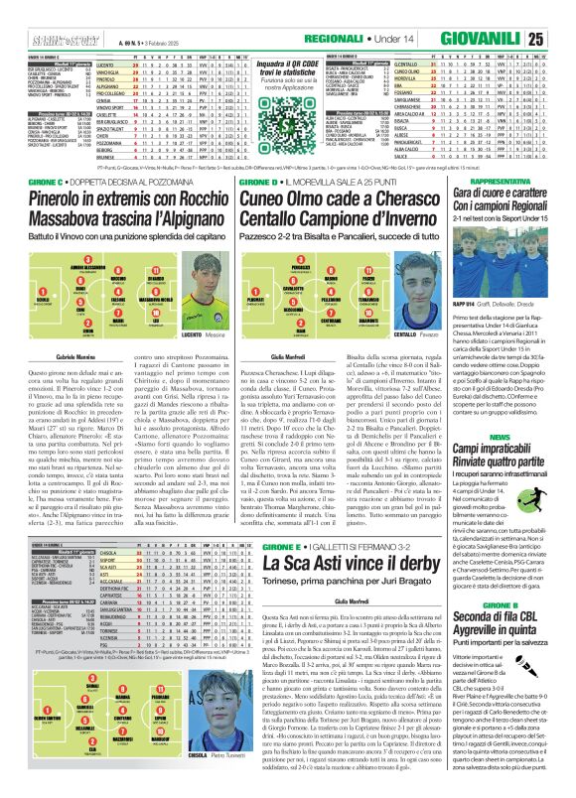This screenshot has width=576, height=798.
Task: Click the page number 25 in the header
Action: [x=563, y=39]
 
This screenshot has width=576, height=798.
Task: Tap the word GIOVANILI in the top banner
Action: [x=497, y=40]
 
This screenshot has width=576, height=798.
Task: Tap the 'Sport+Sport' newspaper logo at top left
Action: [x=31, y=39]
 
